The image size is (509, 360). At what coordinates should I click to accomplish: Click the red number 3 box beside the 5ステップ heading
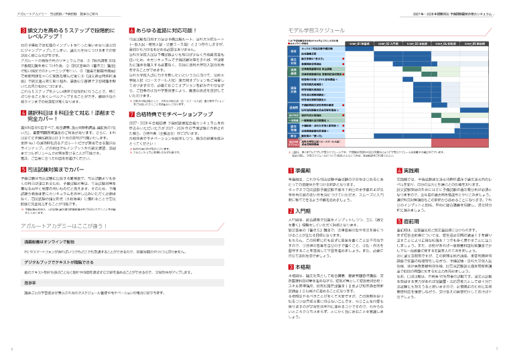(15, 32)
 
